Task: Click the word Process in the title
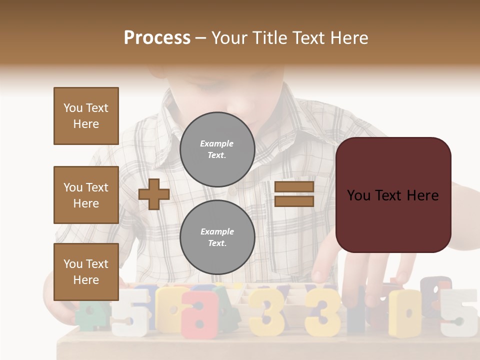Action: (x=157, y=38)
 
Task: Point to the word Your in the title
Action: (x=230, y=38)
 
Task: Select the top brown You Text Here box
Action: (x=86, y=116)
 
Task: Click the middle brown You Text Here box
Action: (x=86, y=195)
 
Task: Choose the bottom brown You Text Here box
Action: (x=86, y=272)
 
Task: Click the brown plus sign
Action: (x=154, y=194)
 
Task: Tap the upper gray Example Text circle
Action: (x=217, y=149)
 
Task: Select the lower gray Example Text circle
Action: (x=217, y=237)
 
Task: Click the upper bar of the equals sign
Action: (x=294, y=187)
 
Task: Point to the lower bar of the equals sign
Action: (x=294, y=201)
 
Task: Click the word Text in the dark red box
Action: (x=393, y=195)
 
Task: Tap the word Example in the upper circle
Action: (x=216, y=143)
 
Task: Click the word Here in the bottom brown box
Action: (x=86, y=280)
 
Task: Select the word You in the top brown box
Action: (x=73, y=108)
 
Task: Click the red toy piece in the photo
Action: (x=200, y=312)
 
